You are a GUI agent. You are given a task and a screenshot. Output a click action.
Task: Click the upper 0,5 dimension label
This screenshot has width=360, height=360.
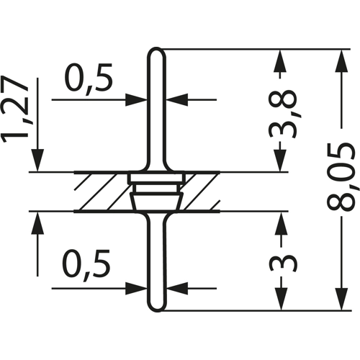coord(89,78)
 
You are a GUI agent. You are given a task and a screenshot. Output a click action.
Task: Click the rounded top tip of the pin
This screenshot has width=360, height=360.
coord(156,52)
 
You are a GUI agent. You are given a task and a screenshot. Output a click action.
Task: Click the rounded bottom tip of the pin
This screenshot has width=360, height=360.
coord(156,308)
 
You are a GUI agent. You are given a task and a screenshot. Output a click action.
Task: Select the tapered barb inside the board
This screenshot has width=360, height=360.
coord(156,198)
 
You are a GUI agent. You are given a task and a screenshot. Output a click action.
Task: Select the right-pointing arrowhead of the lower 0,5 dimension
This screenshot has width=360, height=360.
coord(140,288)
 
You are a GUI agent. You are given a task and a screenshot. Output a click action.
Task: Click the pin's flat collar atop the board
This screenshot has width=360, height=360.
coord(156,176)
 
